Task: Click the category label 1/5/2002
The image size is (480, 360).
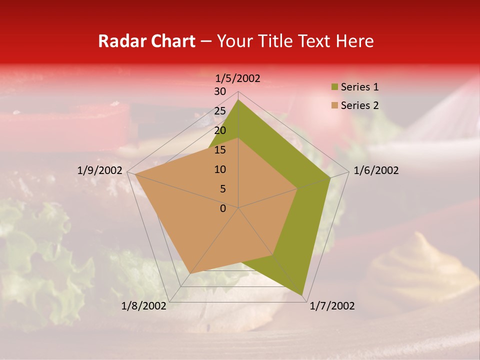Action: pyautogui.click(x=238, y=78)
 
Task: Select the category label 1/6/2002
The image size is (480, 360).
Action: pyautogui.click(x=376, y=170)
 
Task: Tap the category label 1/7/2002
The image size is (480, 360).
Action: pyautogui.click(x=332, y=306)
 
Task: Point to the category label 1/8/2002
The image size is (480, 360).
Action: pyautogui.click(x=143, y=306)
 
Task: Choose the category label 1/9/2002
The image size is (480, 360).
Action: pyautogui.click(x=99, y=170)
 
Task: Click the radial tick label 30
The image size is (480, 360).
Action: pyautogui.click(x=219, y=91)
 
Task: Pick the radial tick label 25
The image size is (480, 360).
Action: pyautogui.click(x=219, y=111)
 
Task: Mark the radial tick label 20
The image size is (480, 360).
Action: pyautogui.click(x=219, y=130)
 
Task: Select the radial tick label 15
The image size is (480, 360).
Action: pyautogui.click(x=219, y=150)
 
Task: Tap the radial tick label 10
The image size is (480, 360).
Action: pyautogui.click(x=219, y=169)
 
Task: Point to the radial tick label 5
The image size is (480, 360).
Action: pyautogui.click(x=222, y=189)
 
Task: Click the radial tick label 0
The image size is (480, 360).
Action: pyautogui.click(x=222, y=208)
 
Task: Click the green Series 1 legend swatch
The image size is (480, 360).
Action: pyautogui.click(x=334, y=87)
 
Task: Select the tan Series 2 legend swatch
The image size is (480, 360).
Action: pyautogui.click(x=334, y=105)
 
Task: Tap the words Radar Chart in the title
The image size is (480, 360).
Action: pyautogui.click(x=146, y=41)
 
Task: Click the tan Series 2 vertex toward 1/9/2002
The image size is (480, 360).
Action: pyautogui.click(x=134, y=174)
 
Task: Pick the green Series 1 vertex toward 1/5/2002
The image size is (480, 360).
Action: pyautogui.click(x=238, y=100)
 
